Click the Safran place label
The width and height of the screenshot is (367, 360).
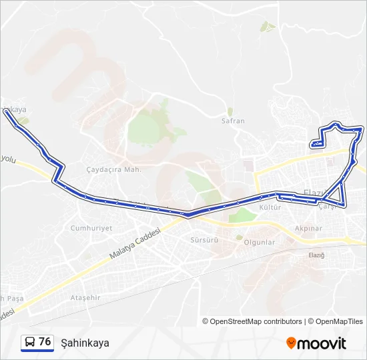point(233,121)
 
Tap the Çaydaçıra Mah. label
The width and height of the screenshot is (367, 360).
point(114,170)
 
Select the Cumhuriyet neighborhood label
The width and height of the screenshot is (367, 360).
point(91,227)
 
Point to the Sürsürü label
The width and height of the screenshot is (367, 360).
point(204,239)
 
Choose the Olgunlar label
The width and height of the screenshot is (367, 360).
point(259,242)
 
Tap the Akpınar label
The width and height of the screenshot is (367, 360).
point(308,228)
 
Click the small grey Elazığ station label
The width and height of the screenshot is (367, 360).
point(316,255)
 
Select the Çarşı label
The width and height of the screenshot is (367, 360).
point(327,207)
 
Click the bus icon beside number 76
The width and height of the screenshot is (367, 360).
point(29,343)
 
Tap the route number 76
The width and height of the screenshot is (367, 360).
point(45,342)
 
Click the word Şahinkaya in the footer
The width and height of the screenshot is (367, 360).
point(85,343)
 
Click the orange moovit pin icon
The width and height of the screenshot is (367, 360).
point(291,343)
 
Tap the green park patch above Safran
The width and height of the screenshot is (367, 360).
point(267,27)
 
